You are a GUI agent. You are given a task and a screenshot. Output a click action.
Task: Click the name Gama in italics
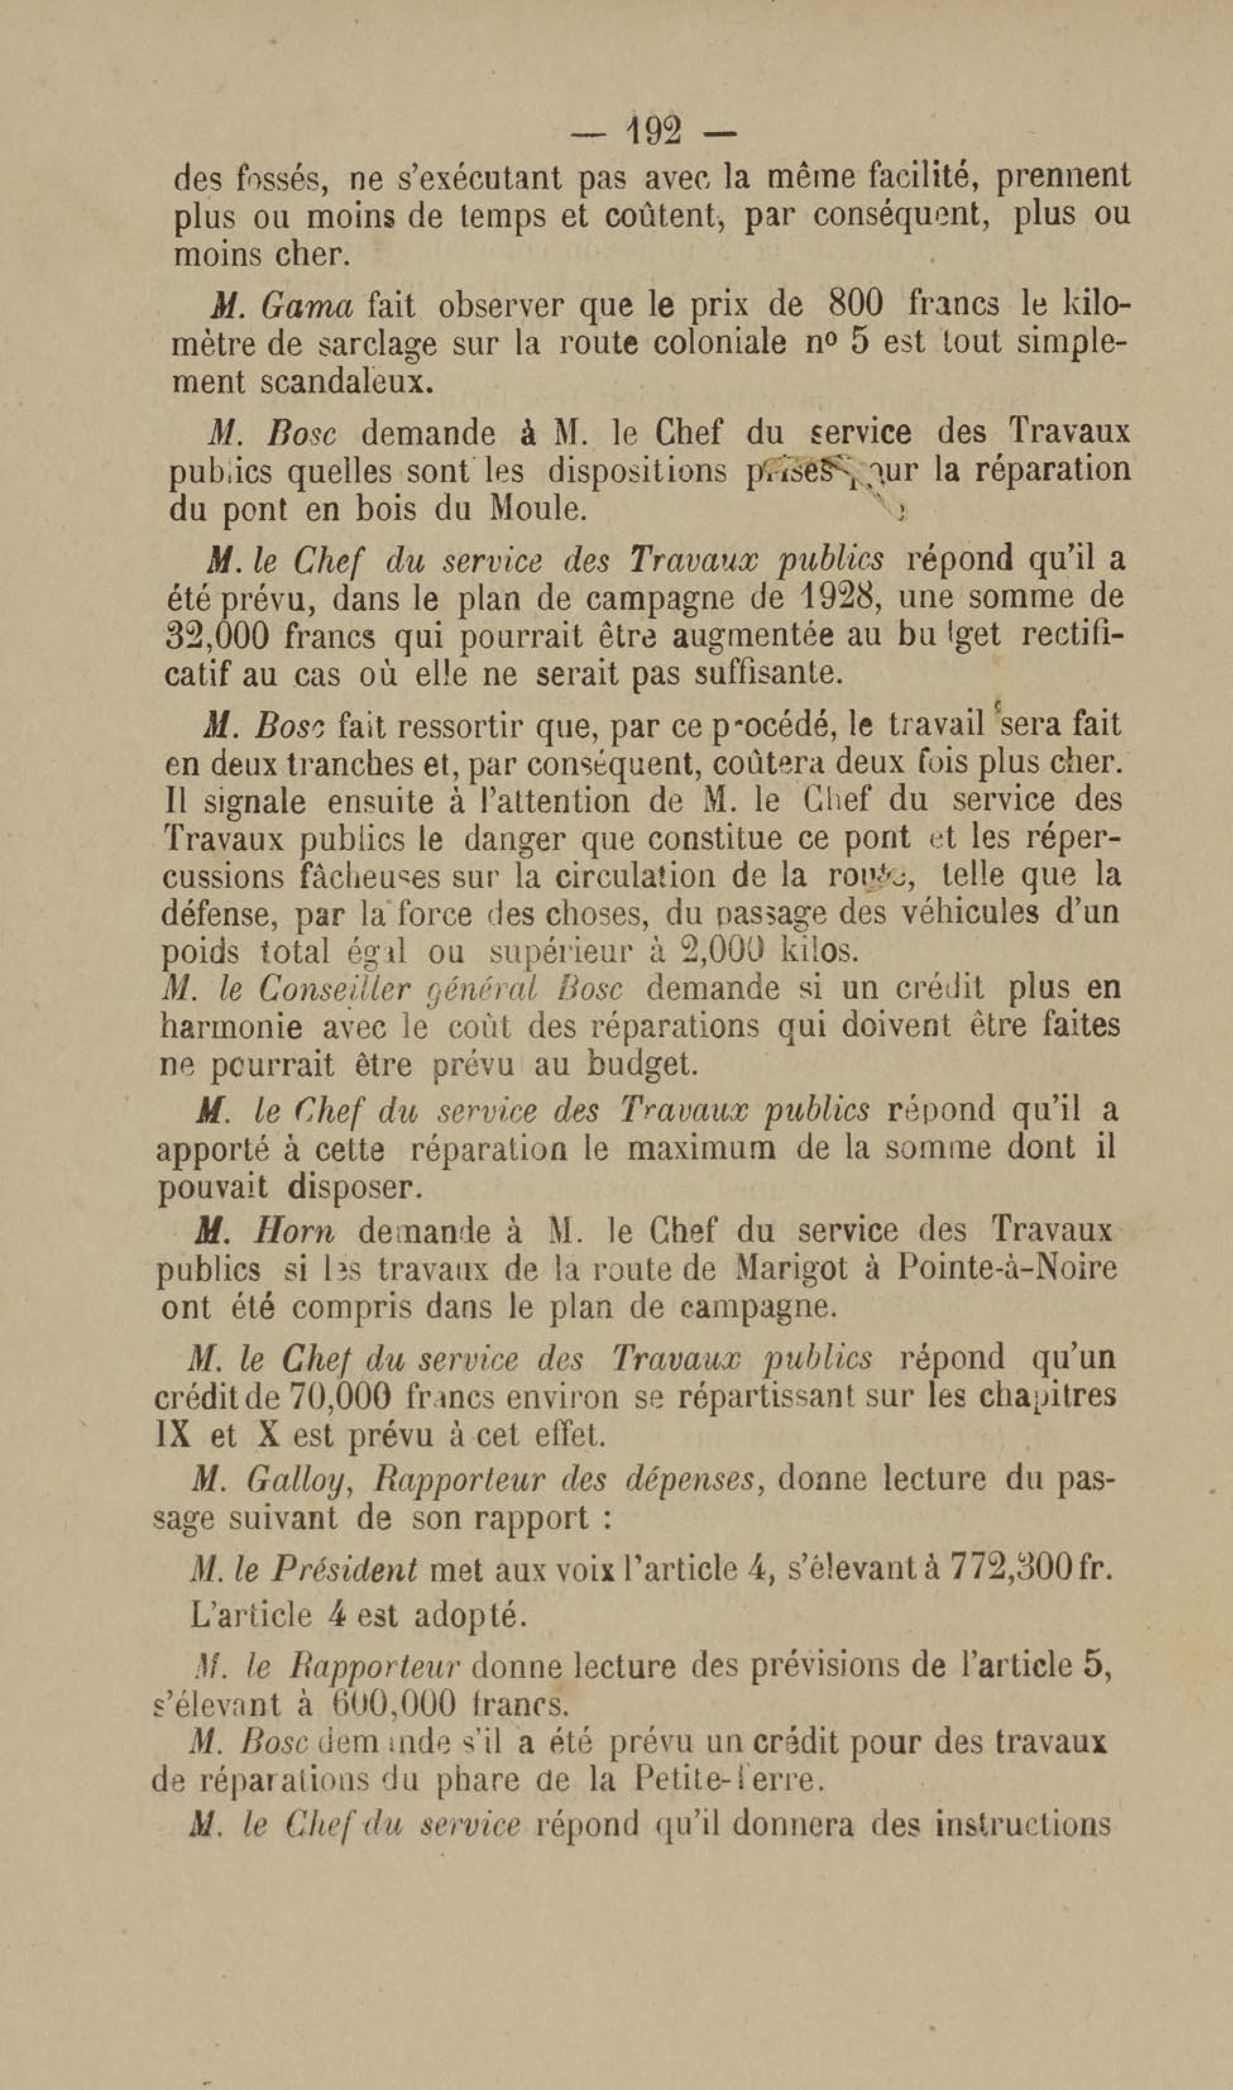(307, 307)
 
